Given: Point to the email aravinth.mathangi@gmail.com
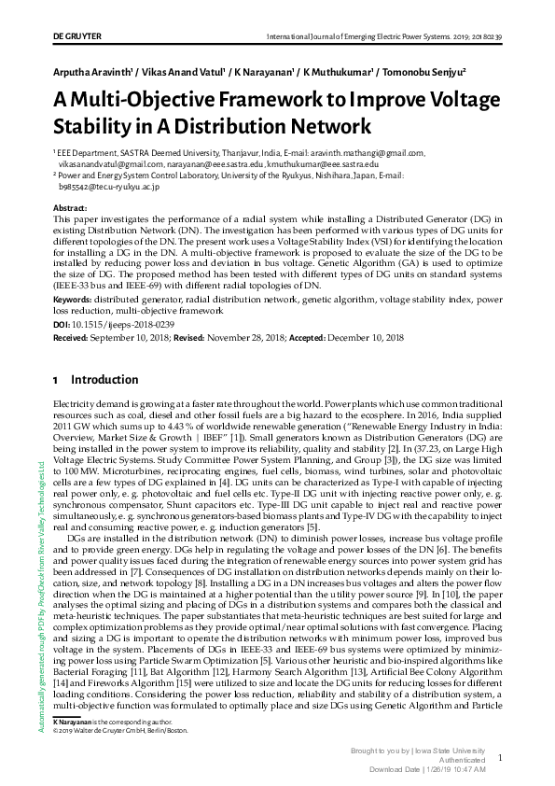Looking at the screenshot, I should [x=363, y=152].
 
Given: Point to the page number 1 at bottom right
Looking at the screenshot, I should [x=501, y=759].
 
